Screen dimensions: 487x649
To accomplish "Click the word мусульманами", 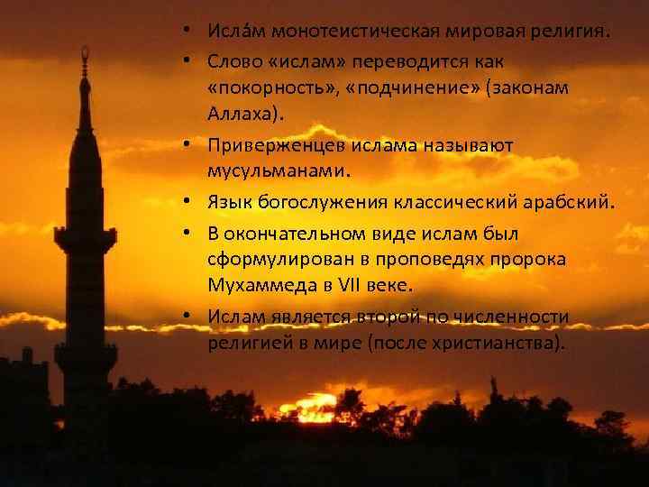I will click(x=270, y=171).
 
